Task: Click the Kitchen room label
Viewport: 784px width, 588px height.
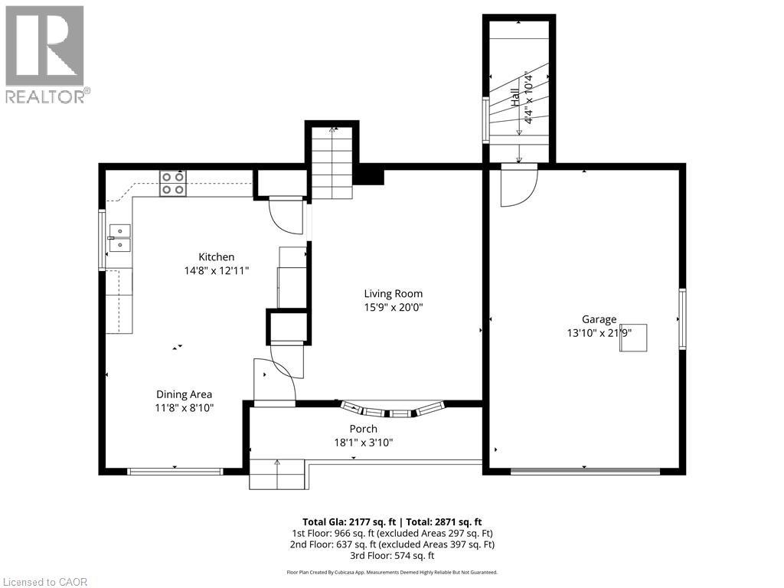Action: [x=217, y=257]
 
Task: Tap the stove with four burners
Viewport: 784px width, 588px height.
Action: [x=172, y=183]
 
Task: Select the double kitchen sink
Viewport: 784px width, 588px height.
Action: [x=119, y=237]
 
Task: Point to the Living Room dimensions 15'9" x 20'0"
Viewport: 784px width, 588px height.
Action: [x=393, y=307]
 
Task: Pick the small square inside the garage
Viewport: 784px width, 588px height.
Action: [x=634, y=338]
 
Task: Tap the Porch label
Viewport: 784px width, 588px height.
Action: [x=364, y=429]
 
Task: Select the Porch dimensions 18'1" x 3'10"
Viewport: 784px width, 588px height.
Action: [x=364, y=442]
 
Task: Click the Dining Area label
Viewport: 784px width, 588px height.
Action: [x=184, y=395]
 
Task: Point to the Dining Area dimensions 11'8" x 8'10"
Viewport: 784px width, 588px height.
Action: [x=184, y=408]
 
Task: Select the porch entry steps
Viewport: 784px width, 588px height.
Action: [x=276, y=473]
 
